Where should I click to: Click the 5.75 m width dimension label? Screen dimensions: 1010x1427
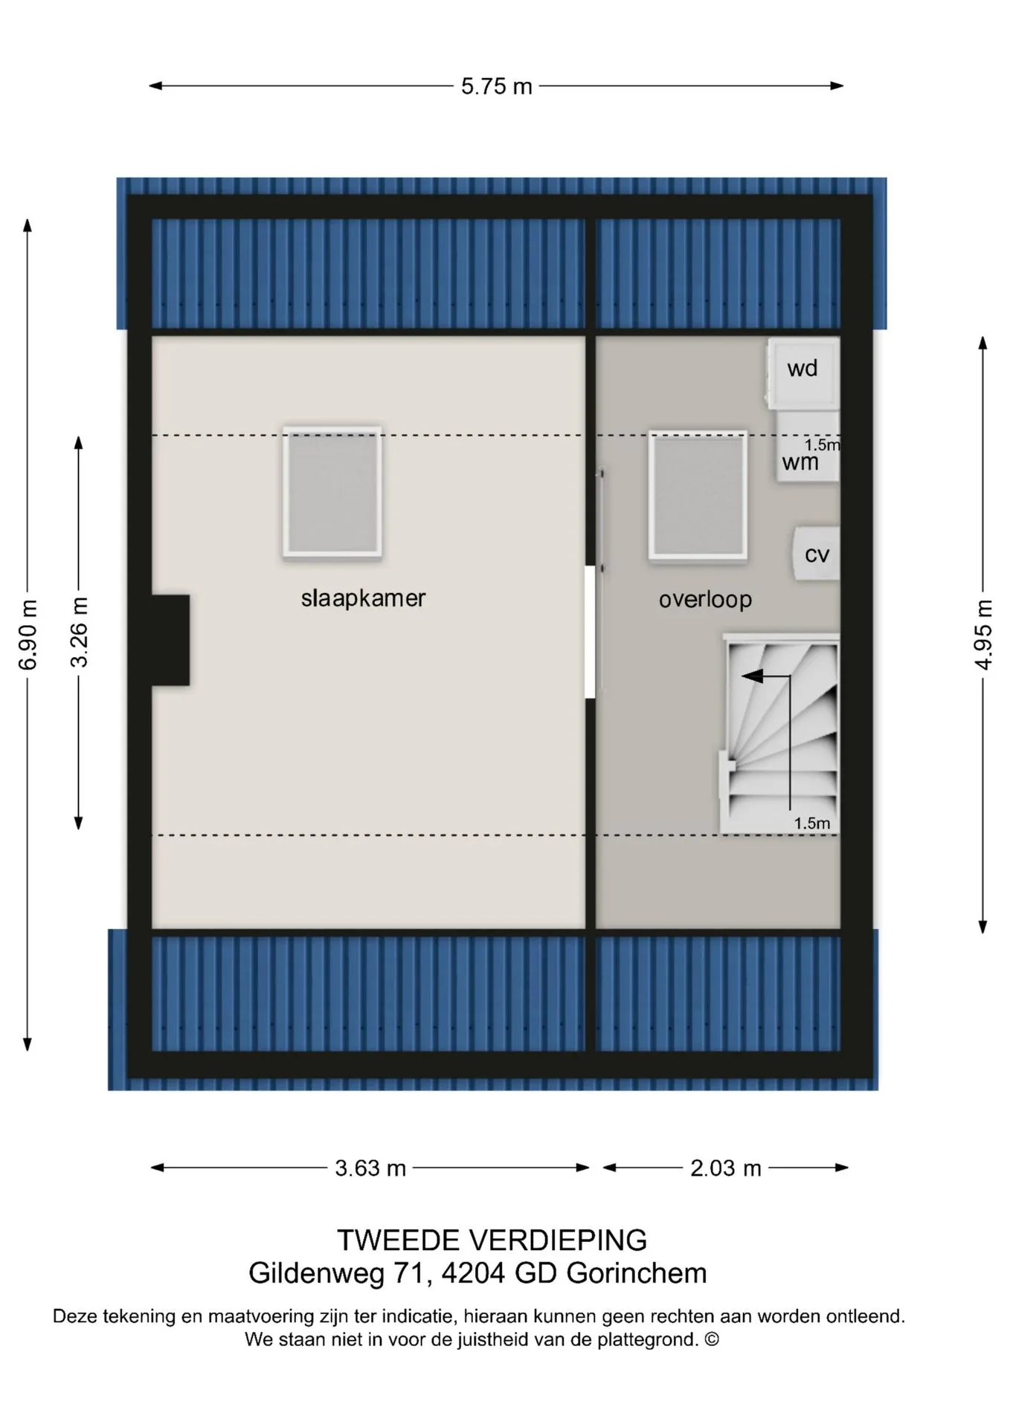pyautogui.click(x=496, y=86)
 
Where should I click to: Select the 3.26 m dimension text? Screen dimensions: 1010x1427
pyautogui.click(x=79, y=632)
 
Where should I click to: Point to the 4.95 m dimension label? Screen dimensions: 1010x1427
pyautogui.click(x=983, y=634)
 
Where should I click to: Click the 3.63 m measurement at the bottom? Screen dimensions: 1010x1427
pyautogui.click(x=370, y=1168)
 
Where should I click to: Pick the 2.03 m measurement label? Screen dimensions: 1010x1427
pyautogui.click(x=726, y=1168)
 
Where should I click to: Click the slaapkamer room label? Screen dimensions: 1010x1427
pyautogui.click(x=363, y=598)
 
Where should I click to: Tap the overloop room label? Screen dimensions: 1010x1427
pyautogui.click(x=705, y=599)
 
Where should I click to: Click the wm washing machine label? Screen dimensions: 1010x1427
pyautogui.click(x=800, y=463)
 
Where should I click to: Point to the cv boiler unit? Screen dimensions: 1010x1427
pyautogui.click(x=817, y=554)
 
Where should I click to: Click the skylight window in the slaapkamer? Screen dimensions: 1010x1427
pyautogui.click(x=332, y=492)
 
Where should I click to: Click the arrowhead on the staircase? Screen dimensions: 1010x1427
pyautogui.click(x=752, y=676)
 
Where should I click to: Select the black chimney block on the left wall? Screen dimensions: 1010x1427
pyautogui.click(x=170, y=640)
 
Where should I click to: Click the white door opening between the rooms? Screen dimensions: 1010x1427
pyautogui.click(x=591, y=632)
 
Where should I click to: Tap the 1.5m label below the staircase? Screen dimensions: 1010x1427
pyautogui.click(x=811, y=823)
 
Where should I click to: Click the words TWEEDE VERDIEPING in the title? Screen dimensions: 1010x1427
pyautogui.click(x=492, y=1240)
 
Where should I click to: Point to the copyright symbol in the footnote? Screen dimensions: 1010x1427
pyautogui.click(x=712, y=1339)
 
